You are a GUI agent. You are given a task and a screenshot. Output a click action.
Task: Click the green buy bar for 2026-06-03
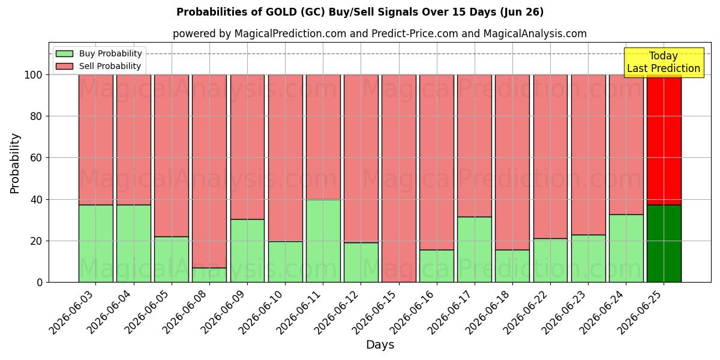click(96, 244)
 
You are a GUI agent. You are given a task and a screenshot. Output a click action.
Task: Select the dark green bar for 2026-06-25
click(664, 244)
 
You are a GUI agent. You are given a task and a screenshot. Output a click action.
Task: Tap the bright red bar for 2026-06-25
click(664, 140)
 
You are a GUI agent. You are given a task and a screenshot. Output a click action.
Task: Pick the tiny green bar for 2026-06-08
click(209, 275)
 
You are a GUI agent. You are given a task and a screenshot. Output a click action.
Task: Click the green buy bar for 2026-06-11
click(323, 241)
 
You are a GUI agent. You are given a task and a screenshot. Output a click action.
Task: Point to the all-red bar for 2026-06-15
click(399, 179)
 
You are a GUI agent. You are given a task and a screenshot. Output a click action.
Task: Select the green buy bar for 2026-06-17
click(475, 250)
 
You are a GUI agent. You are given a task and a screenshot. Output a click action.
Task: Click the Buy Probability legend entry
click(98, 53)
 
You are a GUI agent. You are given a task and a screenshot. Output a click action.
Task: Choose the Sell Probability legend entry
click(98, 66)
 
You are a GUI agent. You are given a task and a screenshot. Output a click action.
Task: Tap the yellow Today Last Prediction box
click(664, 62)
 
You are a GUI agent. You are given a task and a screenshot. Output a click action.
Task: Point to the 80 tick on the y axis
click(37, 116)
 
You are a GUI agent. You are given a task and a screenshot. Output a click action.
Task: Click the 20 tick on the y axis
click(37, 241)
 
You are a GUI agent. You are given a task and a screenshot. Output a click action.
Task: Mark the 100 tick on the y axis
click(34, 75)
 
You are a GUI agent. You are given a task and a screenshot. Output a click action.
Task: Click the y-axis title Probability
click(14, 164)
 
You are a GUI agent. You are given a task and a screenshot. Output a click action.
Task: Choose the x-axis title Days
click(380, 345)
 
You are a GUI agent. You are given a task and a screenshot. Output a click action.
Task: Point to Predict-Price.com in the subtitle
click(415, 34)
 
